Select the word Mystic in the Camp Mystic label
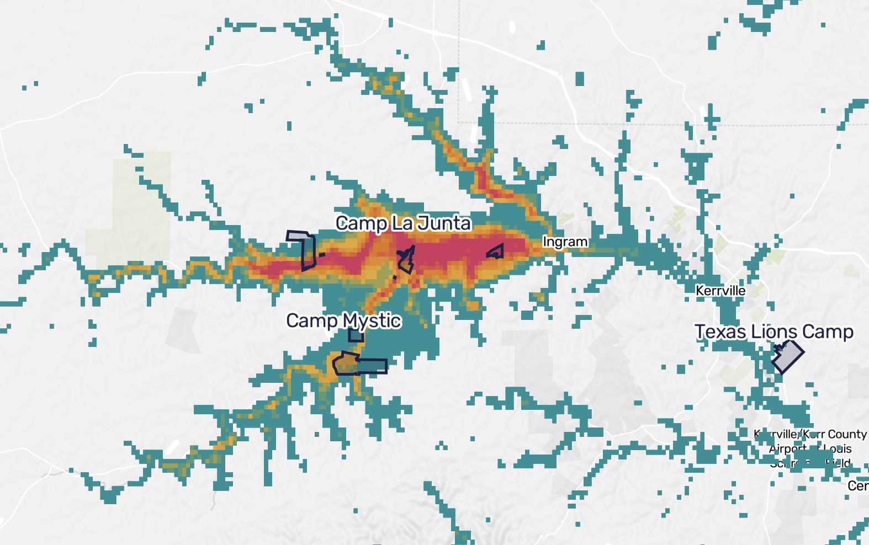click(x=372, y=320)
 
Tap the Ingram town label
click(x=565, y=242)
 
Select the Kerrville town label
click(x=720, y=291)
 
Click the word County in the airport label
click(x=847, y=434)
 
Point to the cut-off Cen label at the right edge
click(x=858, y=486)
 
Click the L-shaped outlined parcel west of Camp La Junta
click(x=307, y=251)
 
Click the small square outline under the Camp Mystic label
click(x=356, y=335)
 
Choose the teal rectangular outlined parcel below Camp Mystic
click(x=373, y=366)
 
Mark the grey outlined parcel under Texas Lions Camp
click(x=788, y=356)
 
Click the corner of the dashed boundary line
click(x=459, y=122)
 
